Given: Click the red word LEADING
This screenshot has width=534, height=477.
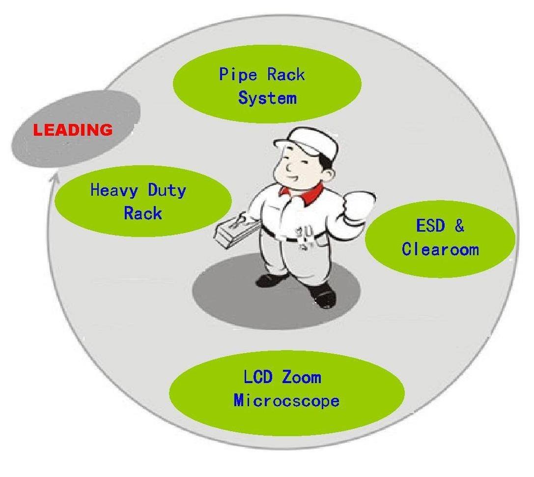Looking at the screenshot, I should [x=72, y=130].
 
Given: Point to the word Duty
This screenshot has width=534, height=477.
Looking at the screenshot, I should [x=166, y=190].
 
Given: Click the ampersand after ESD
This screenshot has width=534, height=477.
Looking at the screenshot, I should [x=459, y=226].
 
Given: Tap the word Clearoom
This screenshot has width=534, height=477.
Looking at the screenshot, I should [x=440, y=249].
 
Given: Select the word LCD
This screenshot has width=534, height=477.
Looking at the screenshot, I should [x=256, y=378].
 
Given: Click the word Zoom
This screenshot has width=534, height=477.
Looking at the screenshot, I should [x=302, y=378].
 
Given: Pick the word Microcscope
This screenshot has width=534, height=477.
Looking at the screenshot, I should [x=286, y=400].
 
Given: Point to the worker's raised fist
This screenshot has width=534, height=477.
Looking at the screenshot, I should [x=358, y=204].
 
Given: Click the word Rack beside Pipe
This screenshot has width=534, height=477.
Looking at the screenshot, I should [x=286, y=75].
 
